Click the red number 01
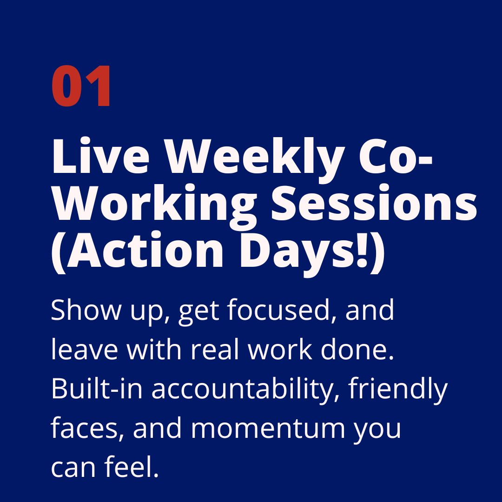coord(82,87)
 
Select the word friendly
coord(398,389)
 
